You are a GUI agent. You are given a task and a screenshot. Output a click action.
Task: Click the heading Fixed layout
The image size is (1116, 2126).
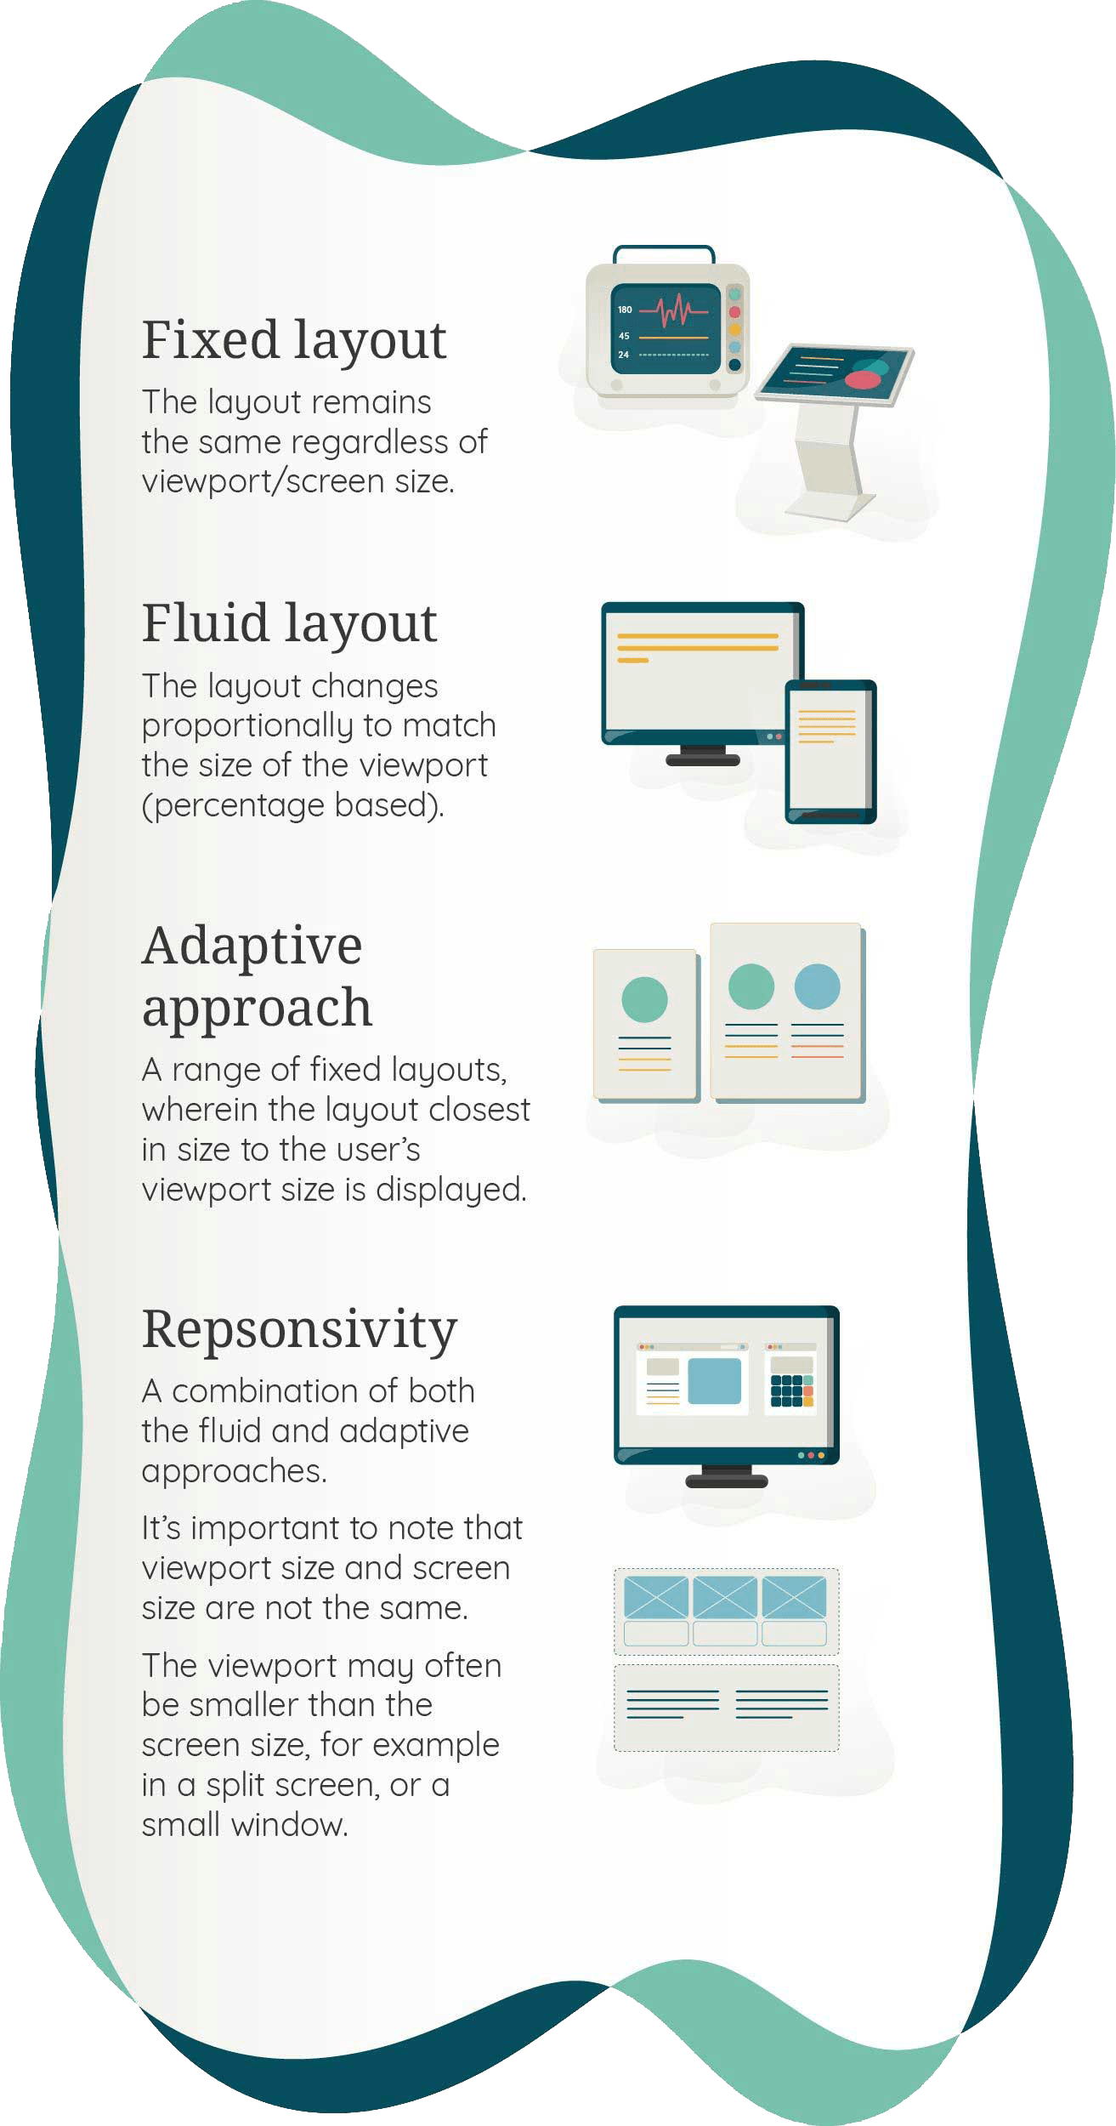(293, 340)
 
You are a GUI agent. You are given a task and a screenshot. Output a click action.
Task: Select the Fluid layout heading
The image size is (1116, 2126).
(289, 623)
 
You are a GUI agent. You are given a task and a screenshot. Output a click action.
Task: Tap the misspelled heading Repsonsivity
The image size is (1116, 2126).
(299, 1328)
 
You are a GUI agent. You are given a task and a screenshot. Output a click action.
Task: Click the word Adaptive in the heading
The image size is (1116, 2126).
(252, 946)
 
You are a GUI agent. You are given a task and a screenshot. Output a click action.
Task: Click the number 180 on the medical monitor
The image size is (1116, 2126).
(625, 310)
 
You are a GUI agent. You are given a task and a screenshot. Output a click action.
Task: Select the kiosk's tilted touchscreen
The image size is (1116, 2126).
(836, 372)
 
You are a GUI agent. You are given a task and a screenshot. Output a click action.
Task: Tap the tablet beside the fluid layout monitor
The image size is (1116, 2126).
(830, 751)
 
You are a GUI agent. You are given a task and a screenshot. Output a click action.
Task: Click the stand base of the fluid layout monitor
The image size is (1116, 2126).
(703, 759)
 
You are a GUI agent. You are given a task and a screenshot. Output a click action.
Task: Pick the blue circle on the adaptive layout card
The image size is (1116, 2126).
(817, 986)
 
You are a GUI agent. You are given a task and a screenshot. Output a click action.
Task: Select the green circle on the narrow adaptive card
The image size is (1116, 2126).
(644, 999)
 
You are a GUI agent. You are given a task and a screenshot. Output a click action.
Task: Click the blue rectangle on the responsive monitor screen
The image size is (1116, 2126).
(714, 1380)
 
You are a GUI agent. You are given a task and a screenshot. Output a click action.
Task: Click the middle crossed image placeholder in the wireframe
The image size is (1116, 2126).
(725, 1596)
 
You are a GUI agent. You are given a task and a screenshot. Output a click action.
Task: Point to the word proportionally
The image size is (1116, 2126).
(247, 725)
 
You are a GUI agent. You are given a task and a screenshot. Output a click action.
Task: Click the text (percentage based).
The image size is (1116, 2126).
(293, 804)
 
